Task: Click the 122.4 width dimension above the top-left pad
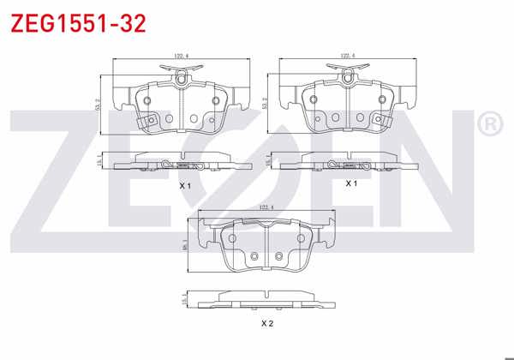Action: [x=181, y=57]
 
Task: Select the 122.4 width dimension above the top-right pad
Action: [x=347, y=57]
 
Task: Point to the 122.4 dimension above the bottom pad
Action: [x=265, y=207]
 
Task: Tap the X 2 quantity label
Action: [x=266, y=323]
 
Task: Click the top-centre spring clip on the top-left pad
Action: [x=182, y=78]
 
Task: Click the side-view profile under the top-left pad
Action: [x=181, y=163]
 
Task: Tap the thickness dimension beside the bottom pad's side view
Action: [x=186, y=298]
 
